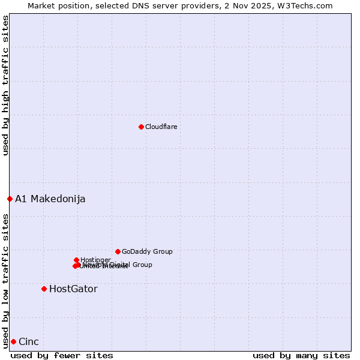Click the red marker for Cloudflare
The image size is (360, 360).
[x=141, y=127]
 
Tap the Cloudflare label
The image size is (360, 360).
[x=161, y=127]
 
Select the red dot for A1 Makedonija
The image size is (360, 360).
[x=10, y=199]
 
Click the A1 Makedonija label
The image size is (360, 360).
[x=50, y=199]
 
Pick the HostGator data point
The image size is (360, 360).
[x=44, y=289]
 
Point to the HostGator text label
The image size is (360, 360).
[x=73, y=289]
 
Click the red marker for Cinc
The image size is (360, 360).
[x=13, y=341]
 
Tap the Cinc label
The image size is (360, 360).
[x=29, y=341]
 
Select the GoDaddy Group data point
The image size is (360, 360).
[x=118, y=251]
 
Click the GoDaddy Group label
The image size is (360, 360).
[x=147, y=251]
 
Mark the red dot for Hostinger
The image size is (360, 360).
[x=76, y=260]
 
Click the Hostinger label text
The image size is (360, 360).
[x=95, y=260]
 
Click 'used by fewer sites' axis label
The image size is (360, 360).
[x=62, y=355]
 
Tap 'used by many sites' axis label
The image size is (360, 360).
[x=301, y=355]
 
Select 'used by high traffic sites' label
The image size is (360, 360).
[x=5, y=85]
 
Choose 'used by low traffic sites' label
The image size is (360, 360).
[x=5, y=280]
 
